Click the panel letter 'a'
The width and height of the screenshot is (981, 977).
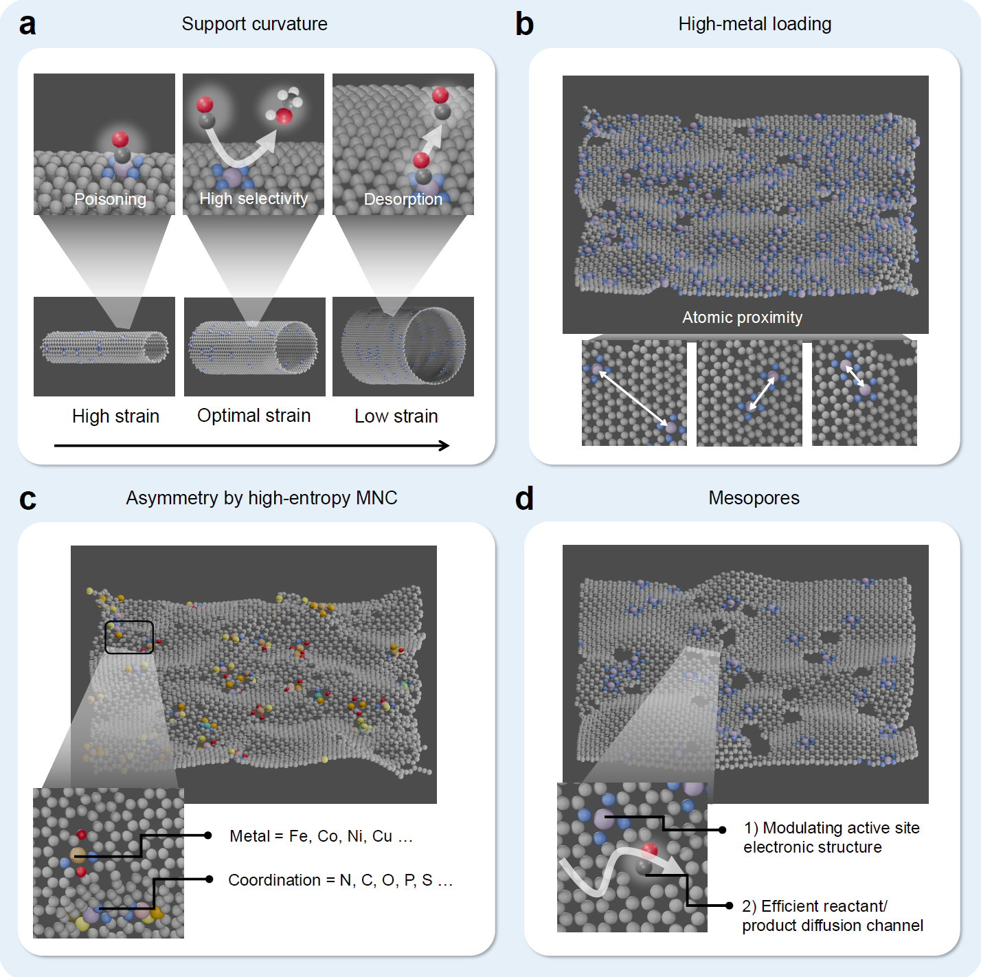(27, 25)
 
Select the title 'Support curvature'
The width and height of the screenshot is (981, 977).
(254, 24)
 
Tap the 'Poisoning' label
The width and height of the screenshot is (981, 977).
(110, 199)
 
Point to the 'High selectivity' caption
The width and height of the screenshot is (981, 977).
(253, 199)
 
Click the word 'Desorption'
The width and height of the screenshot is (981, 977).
(403, 199)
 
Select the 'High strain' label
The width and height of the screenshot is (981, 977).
(115, 416)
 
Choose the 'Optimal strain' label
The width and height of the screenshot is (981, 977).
(253, 416)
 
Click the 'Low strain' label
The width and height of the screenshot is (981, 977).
(396, 416)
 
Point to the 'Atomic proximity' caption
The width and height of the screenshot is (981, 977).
(742, 317)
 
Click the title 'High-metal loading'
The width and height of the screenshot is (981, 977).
(754, 24)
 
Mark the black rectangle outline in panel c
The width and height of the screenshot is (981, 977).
(129, 637)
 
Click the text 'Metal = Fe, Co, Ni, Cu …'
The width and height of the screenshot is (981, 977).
(321, 836)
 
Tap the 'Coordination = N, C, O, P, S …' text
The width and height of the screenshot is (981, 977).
(340, 880)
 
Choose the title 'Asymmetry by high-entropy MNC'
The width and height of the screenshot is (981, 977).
(261, 498)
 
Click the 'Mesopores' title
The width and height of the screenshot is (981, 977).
(754, 498)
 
